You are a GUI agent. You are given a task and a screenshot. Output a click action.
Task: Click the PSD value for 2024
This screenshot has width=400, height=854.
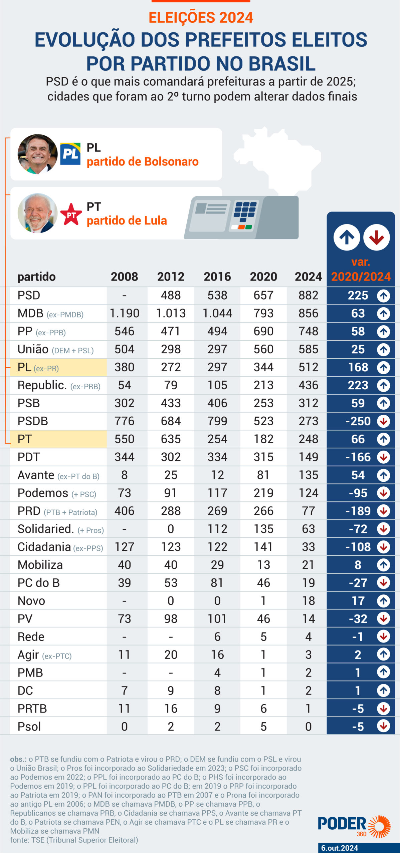click(308, 295)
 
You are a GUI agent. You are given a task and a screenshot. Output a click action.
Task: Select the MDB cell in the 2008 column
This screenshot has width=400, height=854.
click(124, 313)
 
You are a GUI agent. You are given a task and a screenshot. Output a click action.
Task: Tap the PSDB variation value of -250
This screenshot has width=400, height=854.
click(358, 421)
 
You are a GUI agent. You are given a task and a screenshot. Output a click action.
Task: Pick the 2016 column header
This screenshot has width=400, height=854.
click(217, 277)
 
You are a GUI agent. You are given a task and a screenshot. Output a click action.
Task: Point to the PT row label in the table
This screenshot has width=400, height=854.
click(25, 439)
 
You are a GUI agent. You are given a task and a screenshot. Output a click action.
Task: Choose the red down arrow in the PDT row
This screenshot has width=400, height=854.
click(383, 457)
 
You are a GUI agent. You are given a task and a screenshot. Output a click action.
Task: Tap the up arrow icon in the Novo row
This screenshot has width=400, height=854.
click(383, 601)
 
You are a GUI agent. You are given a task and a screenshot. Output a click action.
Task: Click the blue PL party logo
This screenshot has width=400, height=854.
click(70, 154)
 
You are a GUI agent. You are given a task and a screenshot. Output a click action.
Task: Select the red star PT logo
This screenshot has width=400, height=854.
click(71, 215)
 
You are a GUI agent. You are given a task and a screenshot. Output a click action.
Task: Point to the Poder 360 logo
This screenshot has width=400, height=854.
click(354, 826)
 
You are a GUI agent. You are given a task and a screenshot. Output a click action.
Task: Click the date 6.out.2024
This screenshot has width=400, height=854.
click(340, 848)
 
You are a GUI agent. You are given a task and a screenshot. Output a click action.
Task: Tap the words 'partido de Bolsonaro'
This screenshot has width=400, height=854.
click(143, 162)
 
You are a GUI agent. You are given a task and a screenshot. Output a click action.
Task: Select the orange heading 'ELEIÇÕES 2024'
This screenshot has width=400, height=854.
click(201, 18)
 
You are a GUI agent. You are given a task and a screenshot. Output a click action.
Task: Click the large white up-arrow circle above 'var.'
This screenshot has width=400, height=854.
click(347, 238)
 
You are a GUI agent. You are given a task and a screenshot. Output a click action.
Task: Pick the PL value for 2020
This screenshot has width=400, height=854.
click(263, 367)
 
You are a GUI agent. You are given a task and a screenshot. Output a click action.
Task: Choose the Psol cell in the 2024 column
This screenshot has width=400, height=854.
click(308, 727)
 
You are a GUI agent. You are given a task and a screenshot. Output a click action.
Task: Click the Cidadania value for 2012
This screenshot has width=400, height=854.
click(171, 547)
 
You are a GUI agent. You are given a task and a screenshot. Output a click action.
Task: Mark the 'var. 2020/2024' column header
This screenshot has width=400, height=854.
click(361, 270)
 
